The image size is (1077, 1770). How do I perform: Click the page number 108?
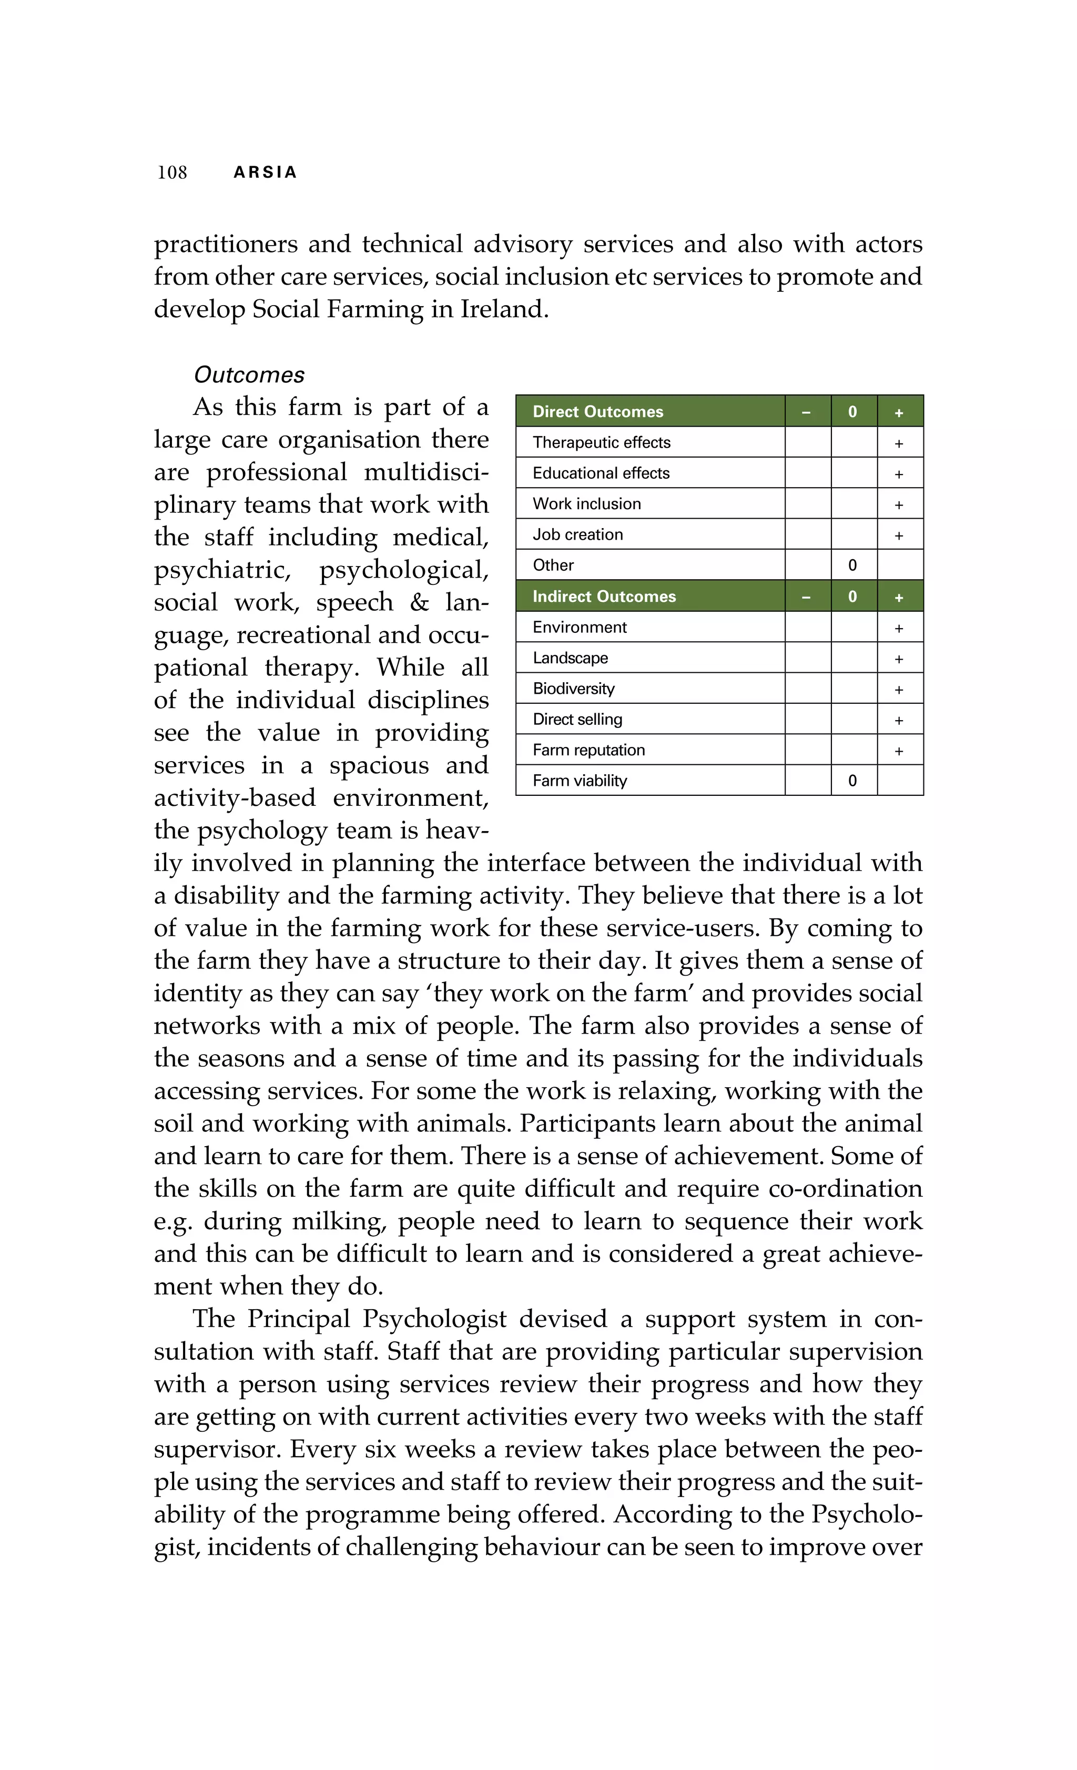[172, 173]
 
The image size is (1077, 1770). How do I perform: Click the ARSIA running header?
[265, 173]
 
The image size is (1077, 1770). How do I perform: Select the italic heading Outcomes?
[249, 375]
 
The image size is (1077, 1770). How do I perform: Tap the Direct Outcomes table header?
[597, 412]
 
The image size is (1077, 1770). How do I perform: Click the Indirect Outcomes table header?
[604, 596]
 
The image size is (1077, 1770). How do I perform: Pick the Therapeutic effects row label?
[601, 442]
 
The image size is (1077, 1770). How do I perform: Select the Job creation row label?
[577, 534]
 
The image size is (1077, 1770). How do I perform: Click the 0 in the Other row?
[852, 565]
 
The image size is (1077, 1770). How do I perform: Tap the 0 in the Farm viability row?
[852, 781]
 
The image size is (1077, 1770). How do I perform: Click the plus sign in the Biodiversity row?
[898, 690]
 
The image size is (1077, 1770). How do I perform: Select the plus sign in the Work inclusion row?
[898, 505]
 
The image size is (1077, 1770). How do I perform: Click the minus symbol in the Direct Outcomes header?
[806, 412]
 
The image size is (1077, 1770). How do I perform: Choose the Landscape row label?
[570, 658]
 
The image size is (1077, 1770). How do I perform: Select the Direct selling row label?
[577, 719]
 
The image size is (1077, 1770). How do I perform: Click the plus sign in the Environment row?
[898, 629]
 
